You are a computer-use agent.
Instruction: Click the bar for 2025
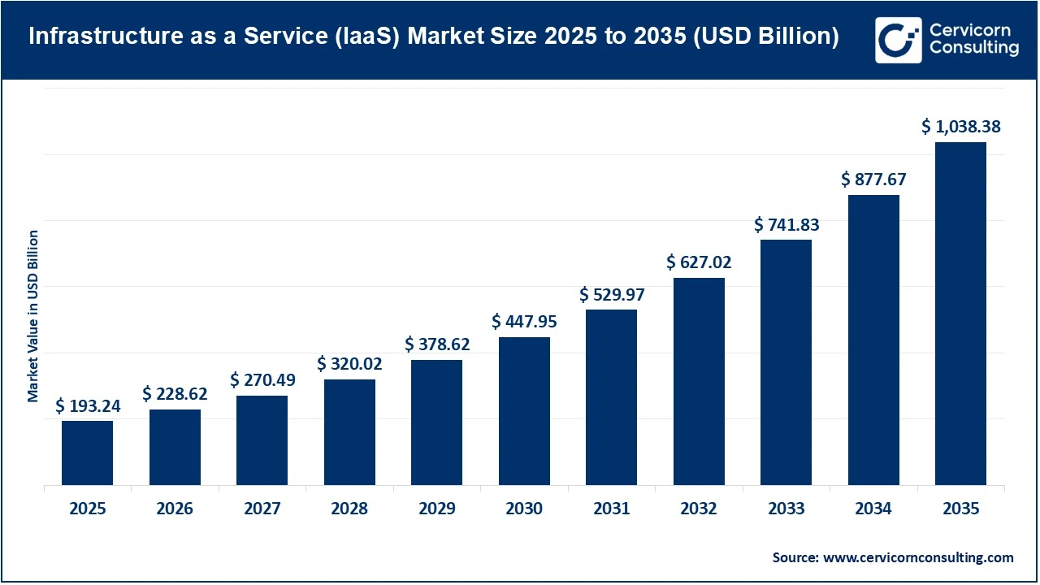(87, 453)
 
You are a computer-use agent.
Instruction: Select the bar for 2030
(524, 411)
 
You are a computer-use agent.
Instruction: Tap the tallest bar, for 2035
(960, 314)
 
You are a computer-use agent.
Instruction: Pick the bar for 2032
(699, 382)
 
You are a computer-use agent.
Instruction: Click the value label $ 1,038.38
(961, 127)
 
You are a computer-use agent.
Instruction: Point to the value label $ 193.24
(88, 406)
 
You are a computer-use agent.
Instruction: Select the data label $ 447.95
(524, 322)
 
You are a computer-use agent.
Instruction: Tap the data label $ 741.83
(786, 224)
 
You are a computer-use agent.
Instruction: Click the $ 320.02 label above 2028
(349, 364)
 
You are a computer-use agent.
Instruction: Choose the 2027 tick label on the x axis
(262, 509)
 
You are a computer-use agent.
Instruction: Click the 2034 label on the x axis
(873, 509)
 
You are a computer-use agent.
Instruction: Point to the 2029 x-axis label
(437, 509)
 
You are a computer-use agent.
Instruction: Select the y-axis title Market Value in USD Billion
(33, 316)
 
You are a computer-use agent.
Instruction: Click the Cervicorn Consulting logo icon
(898, 40)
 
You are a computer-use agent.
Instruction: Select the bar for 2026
(175, 448)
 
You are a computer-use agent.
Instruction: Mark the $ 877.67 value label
(873, 180)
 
